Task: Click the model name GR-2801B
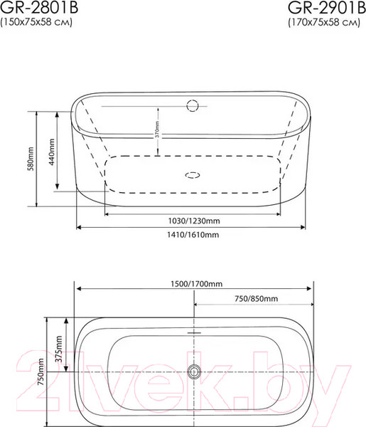pyautogui.click(x=39, y=7)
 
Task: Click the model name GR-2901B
pyautogui.click(x=327, y=8)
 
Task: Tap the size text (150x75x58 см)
pyautogui.click(x=36, y=22)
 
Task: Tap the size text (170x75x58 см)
pyautogui.click(x=324, y=22)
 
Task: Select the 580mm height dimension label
pyautogui.click(x=31, y=159)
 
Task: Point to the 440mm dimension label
pyautogui.click(x=51, y=152)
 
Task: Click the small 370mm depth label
pyautogui.click(x=158, y=129)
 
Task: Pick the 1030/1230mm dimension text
pyautogui.click(x=194, y=221)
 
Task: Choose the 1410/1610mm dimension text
pyautogui.click(x=193, y=234)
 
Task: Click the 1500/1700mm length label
pyautogui.click(x=196, y=284)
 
